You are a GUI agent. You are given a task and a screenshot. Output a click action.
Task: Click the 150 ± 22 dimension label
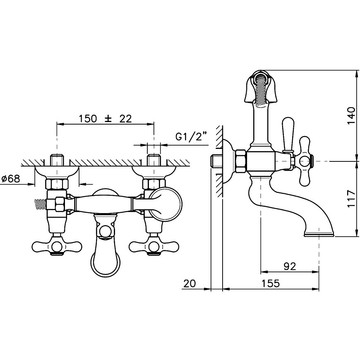click(106, 119)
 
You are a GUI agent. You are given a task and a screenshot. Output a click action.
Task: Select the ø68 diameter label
click(11, 178)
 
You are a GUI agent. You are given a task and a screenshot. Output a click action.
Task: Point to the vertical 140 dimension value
click(351, 115)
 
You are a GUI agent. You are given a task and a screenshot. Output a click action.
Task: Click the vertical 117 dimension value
click(351, 199)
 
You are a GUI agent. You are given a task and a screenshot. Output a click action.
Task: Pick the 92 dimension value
click(290, 266)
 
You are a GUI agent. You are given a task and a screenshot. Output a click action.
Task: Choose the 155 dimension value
click(271, 283)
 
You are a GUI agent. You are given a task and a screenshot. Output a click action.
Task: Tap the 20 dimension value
click(190, 283)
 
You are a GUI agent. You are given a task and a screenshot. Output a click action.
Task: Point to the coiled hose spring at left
click(41, 204)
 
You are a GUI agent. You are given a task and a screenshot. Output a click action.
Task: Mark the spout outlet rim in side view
click(319, 234)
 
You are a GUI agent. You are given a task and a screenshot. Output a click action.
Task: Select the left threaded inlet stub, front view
click(57, 160)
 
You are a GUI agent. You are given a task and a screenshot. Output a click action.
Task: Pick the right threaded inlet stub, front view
click(154, 160)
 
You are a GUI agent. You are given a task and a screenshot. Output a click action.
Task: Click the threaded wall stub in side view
click(216, 161)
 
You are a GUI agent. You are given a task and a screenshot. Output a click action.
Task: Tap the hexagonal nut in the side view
click(240, 161)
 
